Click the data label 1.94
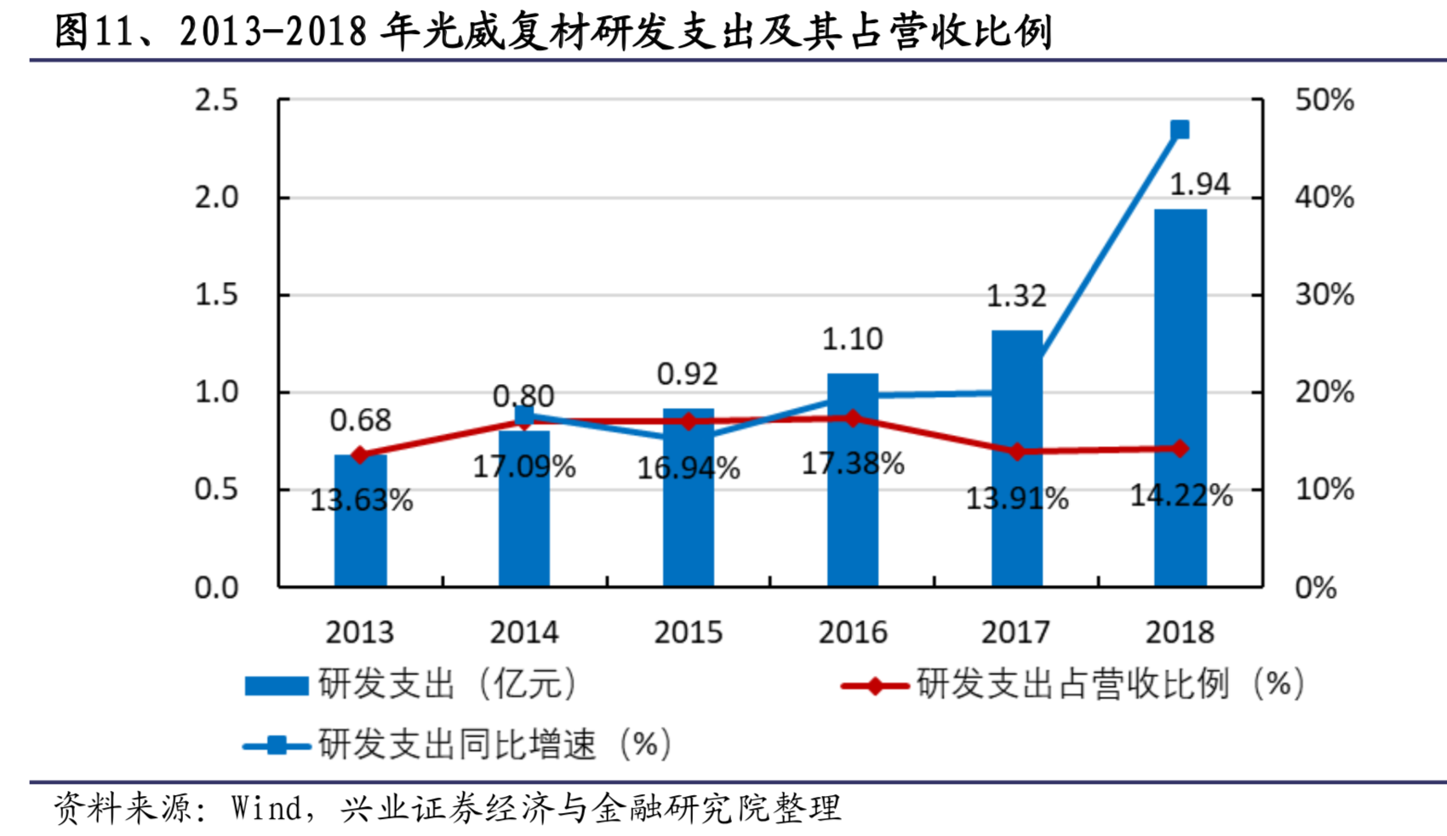pos(1199,184)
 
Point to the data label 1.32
pos(1016,295)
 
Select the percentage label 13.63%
pos(361,500)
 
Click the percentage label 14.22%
pos(1181,495)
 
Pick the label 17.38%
pos(853,463)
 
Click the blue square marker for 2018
pos(1180,129)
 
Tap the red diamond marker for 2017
pos(1017,451)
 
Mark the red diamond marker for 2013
pos(360,455)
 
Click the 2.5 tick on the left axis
pos(216,100)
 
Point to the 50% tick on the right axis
pos(1324,100)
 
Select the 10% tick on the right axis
pos(1324,490)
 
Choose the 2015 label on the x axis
pos(688,633)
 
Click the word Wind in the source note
pos(266,808)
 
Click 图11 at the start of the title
pos(93,31)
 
